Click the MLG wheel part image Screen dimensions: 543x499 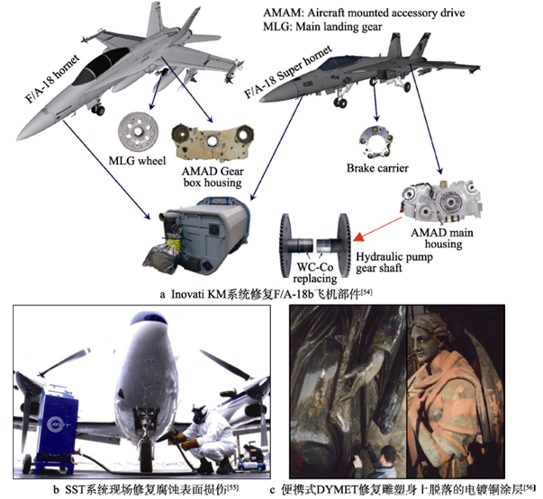pos(138,132)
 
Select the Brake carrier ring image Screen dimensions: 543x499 pos(376,143)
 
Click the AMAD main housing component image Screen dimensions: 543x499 pos(441,202)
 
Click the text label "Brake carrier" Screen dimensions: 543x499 pos(377,168)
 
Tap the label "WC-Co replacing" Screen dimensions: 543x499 pos(315,272)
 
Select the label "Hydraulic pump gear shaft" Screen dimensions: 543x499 pos(394,263)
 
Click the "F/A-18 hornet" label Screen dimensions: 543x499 pos(52,79)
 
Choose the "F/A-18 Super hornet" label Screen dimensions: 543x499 pos(288,72)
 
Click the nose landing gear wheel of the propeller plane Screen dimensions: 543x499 pos(146,457)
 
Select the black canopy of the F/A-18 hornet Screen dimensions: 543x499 pos(99,67)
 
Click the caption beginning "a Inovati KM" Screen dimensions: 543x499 pos(266,294)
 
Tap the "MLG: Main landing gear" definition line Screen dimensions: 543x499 pos(322,27)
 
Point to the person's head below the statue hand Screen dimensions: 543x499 pos(387,453)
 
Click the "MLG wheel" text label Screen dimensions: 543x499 pos(137,161)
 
